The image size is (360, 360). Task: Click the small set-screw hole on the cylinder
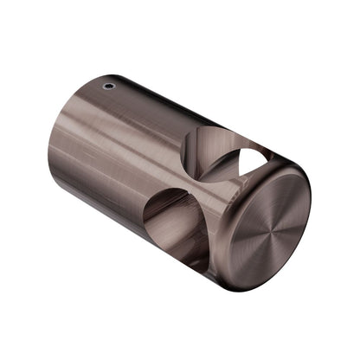(x=107, y=87)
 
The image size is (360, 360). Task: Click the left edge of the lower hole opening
(x=145, y=216)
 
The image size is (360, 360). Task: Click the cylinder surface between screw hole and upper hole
(x=151, y=112)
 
